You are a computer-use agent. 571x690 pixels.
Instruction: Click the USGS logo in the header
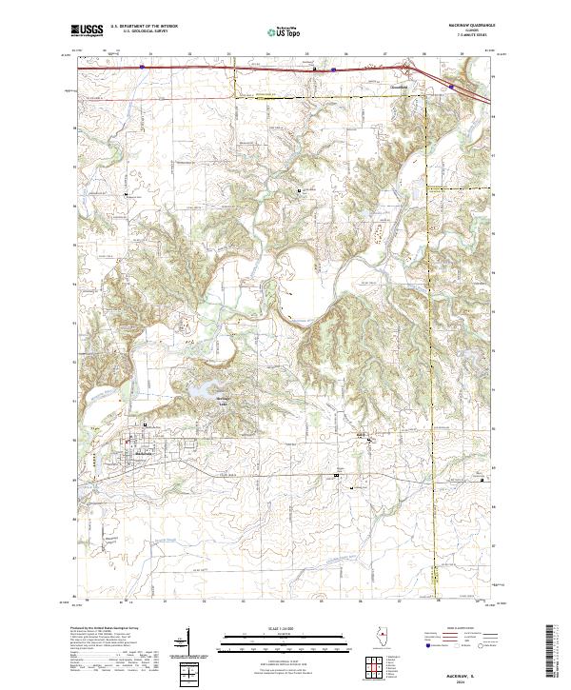click(87, 30)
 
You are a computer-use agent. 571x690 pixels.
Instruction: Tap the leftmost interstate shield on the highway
click(142, 67)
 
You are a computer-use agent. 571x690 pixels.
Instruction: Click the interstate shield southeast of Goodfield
click(452, 87)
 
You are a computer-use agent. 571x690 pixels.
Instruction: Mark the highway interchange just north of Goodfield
click(408, 69)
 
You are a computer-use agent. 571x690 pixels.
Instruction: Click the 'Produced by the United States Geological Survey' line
click(105, 630)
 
